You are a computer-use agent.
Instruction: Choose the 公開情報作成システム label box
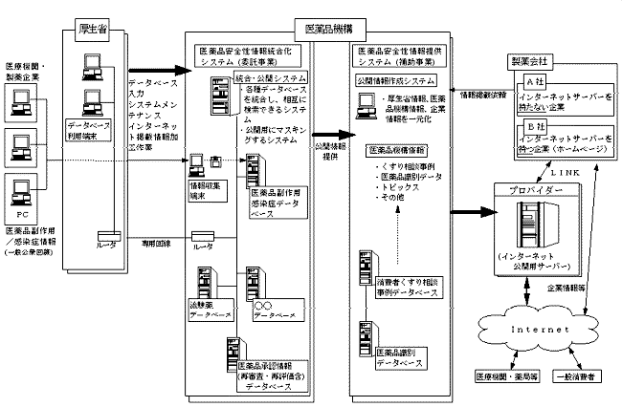[397, 80]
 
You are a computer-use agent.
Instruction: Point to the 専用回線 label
[156, 245]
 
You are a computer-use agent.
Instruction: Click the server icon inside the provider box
[525, 225]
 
